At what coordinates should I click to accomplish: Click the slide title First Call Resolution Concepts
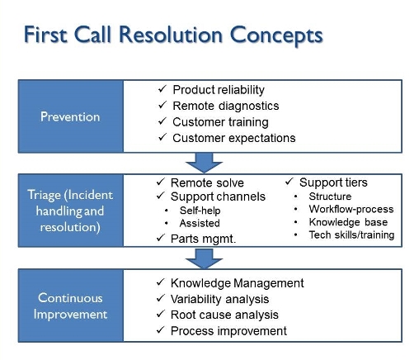(172, 36)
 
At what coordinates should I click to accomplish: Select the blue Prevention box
(70, 116)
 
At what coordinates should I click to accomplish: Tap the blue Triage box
(70, 210)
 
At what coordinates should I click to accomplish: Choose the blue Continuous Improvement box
(70, 306)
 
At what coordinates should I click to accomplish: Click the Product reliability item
(218, 89)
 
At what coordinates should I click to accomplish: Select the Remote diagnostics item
(225, 106)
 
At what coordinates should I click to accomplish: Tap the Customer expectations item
(233, 138)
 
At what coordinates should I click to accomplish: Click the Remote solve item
(207, 182)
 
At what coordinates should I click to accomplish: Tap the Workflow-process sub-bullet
(351, 209)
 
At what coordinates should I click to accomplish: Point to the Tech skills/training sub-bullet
(351, 234)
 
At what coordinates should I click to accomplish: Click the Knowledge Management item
(237, 283)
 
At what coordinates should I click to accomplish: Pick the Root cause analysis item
(224, 315)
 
